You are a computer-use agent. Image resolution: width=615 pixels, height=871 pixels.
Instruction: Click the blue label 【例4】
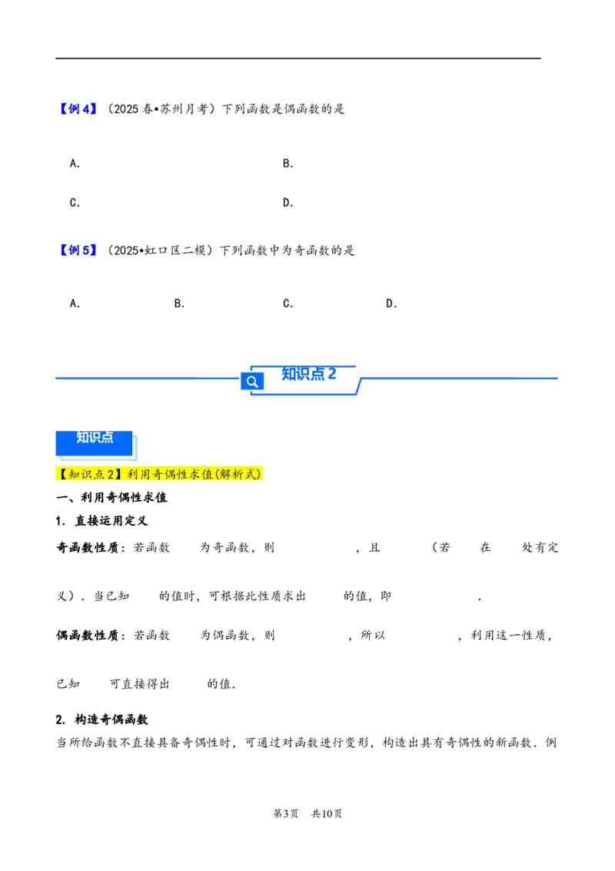[x=78, y=109]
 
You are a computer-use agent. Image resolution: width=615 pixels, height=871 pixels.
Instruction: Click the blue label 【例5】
[x=78, y=251]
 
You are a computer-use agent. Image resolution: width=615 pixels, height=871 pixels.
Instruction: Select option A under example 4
[x=75, y=163]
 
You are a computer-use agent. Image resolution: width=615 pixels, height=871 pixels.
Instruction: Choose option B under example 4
[x=288, y=163]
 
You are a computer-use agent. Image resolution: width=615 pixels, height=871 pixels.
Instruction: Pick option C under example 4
[x=75, y=203]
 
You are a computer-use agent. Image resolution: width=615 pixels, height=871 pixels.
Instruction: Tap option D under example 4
[x=288, y=203]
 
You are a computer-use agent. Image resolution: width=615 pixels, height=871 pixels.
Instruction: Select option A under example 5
[x=75, y=303]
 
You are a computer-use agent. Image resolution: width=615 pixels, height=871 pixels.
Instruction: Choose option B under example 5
[x=179, y=303]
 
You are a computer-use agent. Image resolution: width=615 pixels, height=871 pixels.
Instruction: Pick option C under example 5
[x=288, y=303]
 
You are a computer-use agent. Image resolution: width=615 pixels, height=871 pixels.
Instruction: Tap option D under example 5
[x=391, y=303]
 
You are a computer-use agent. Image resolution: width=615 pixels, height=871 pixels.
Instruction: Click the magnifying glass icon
[x=252, y=382]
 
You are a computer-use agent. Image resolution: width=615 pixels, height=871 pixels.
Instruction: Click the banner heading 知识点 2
[x=308, y=374]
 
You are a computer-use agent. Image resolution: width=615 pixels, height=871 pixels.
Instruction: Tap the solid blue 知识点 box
[x=95, y=443]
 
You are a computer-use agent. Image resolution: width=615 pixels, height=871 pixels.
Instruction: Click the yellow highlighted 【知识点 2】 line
[x=158, y=474]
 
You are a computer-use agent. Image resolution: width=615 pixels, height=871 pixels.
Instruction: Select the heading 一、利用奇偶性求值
[x=111, y=497]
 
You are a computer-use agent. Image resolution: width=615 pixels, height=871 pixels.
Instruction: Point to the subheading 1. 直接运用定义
[x=101, y=520]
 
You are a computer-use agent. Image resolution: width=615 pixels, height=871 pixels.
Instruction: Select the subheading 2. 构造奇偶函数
[x=101, y=719]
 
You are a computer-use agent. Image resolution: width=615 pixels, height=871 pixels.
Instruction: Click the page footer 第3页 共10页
[x=308, y=814]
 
